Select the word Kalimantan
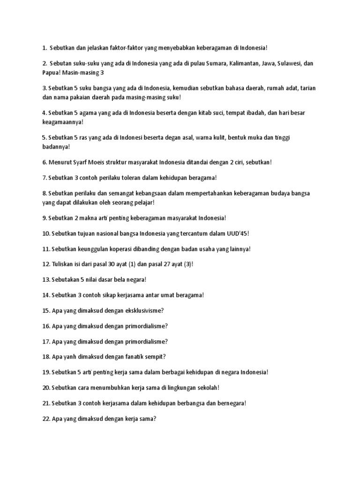pyautogui.click(x=247, y=63)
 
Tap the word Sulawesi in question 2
pyautogui.click(x=292, y=63)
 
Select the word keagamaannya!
pyautogui.click(x=63, y=122)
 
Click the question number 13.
pyautogui.click(x=46, y=280)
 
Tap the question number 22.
pyautogui.click(x=46, y=419)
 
